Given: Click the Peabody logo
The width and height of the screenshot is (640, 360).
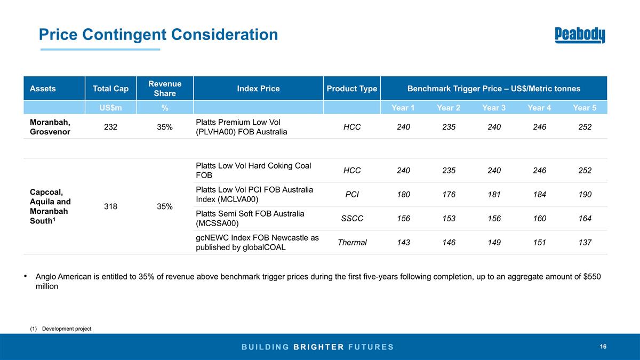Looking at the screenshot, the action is [580, 35].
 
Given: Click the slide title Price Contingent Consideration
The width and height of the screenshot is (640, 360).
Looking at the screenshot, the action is [158, 35].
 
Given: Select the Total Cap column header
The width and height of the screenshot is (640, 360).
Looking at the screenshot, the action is [110, 89].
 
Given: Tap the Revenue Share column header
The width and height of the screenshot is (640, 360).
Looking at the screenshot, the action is [165, 89].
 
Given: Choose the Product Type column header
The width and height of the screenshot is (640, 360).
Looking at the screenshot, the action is [351, 89].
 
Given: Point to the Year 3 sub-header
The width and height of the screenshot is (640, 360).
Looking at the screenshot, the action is [494, 108].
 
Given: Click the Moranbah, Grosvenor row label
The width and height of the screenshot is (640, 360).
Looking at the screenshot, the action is [50, 127].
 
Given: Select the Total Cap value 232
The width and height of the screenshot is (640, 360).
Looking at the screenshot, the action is [110, 127].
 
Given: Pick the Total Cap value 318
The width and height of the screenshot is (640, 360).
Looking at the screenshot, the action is [110, 206].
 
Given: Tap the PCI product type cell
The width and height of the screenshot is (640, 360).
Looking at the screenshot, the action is [351, 194].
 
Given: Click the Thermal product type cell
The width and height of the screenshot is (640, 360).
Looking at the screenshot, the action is [352, 242].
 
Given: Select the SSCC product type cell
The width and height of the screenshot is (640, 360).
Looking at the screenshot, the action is [351, 218].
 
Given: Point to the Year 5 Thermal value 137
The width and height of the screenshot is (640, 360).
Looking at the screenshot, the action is [585, 242].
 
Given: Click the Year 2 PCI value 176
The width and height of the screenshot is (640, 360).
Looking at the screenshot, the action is [449, 194].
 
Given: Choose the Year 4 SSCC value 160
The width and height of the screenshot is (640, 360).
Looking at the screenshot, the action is [539, 218].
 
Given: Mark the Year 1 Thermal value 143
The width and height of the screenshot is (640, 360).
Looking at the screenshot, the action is [403, 242].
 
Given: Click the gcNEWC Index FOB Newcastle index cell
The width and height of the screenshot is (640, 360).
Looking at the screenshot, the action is [257, 242].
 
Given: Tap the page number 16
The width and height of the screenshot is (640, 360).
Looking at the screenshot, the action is [603, 347].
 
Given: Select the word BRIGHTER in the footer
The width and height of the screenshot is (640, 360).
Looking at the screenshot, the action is [318, 347].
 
